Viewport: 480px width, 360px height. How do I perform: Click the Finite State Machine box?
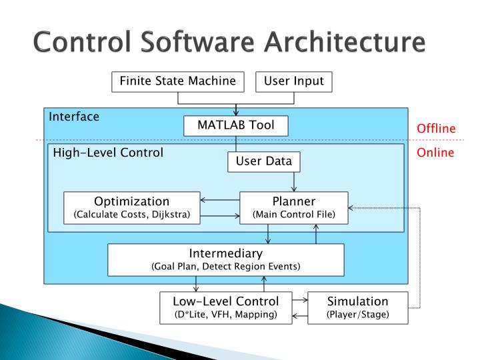177,81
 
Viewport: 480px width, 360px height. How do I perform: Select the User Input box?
294,81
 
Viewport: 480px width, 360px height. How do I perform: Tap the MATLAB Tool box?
236,125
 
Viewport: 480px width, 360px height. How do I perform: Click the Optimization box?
131,207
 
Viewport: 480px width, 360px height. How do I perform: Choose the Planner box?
293,207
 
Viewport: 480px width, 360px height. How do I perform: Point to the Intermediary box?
226,259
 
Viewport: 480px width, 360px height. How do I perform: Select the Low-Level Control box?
226,307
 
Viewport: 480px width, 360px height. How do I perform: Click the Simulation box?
357,307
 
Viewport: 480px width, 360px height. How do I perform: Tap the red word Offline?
436,129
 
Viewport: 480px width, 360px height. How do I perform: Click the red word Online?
435,153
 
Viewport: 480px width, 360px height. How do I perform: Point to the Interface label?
74,117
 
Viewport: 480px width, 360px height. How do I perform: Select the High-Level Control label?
108,153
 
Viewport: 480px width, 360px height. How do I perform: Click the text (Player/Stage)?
357,314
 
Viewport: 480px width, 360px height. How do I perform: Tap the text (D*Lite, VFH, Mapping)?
226,314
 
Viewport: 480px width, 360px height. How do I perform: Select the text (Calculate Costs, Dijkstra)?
131,214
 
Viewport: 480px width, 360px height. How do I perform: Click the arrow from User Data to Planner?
294,181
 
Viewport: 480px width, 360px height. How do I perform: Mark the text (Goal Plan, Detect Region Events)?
226,266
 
